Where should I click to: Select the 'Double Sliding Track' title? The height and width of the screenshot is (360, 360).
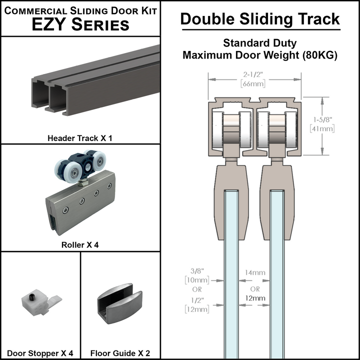coord(260,19)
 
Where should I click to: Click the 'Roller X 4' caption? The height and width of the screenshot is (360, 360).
coord(80,245)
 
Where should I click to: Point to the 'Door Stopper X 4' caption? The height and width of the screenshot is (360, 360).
coord(40,353)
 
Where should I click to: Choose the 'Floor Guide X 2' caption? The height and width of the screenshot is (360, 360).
coord(120,353)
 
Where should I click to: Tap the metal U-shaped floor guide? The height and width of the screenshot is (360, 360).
coord(120,300)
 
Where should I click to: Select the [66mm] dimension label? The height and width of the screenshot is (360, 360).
coord(254,83)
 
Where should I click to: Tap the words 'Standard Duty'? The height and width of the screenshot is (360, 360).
coord(260,43)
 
